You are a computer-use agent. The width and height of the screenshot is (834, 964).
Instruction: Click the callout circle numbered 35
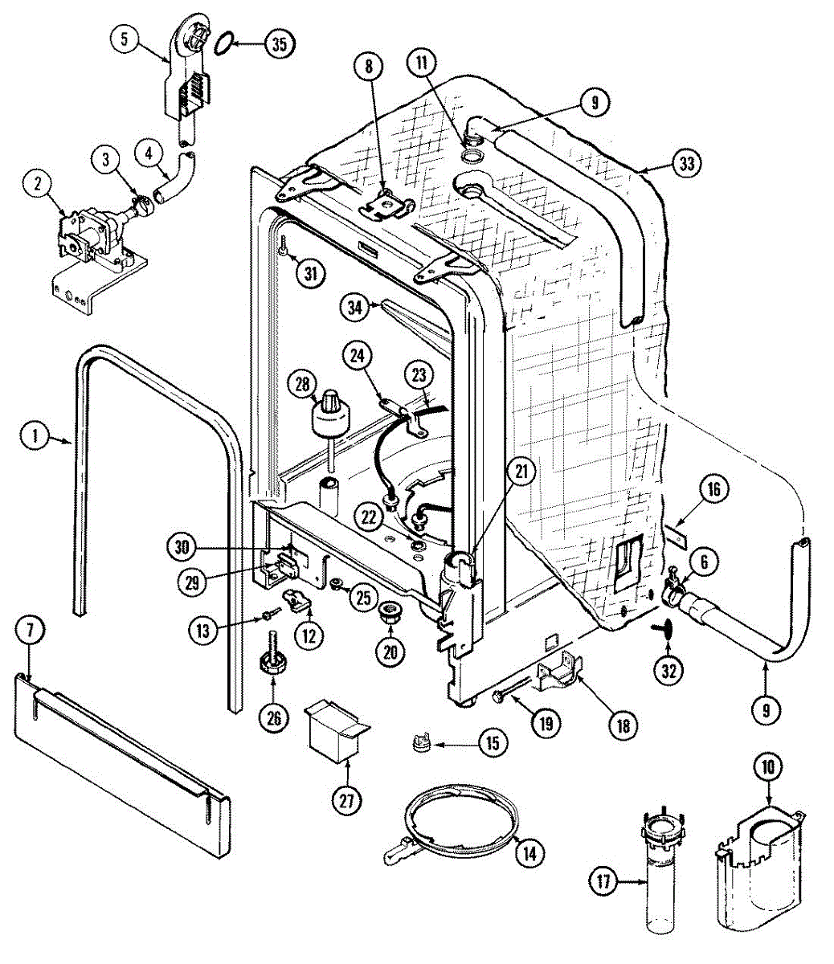279,44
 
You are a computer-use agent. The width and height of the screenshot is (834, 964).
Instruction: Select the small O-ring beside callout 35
224,43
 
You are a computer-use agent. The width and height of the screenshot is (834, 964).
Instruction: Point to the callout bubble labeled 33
686,163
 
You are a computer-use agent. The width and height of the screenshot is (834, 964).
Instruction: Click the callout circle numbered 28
302,384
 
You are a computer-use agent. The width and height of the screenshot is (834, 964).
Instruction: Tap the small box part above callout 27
337,733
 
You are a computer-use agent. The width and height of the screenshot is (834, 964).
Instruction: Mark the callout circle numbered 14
530,853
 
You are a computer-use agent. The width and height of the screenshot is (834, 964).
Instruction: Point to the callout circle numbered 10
768,766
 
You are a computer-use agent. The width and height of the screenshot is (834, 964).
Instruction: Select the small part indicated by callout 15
422,742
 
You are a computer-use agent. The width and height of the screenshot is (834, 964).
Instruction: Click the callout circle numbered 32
668,671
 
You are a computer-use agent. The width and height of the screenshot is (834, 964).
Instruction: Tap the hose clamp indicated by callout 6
673,592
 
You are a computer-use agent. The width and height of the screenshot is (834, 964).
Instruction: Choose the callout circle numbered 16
714,489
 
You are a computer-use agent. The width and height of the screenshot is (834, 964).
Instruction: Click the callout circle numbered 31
311,273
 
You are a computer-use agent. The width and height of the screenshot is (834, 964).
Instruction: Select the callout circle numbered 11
422,63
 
